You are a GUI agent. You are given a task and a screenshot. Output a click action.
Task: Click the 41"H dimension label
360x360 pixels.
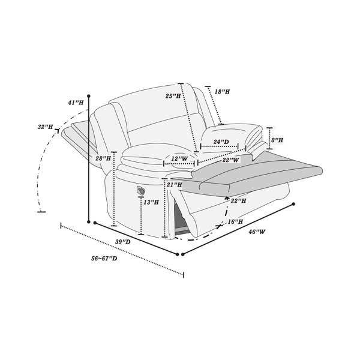76,103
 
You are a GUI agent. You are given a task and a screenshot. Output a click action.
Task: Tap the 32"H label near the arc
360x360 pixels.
45,127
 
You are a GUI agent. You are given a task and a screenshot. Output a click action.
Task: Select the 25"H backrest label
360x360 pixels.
173,96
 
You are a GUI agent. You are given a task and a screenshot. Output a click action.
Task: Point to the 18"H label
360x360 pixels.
222,92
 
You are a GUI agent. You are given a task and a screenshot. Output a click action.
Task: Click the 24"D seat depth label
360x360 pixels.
221,142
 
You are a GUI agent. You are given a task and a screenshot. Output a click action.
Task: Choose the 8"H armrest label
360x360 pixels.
277,140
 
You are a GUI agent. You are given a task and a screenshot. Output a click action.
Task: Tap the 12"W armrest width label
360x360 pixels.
179,158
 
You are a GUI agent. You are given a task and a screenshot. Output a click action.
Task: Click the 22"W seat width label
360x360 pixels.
230,160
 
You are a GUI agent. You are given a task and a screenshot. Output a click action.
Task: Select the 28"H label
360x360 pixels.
103,158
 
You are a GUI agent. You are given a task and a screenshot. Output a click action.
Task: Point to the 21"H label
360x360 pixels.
175,185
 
